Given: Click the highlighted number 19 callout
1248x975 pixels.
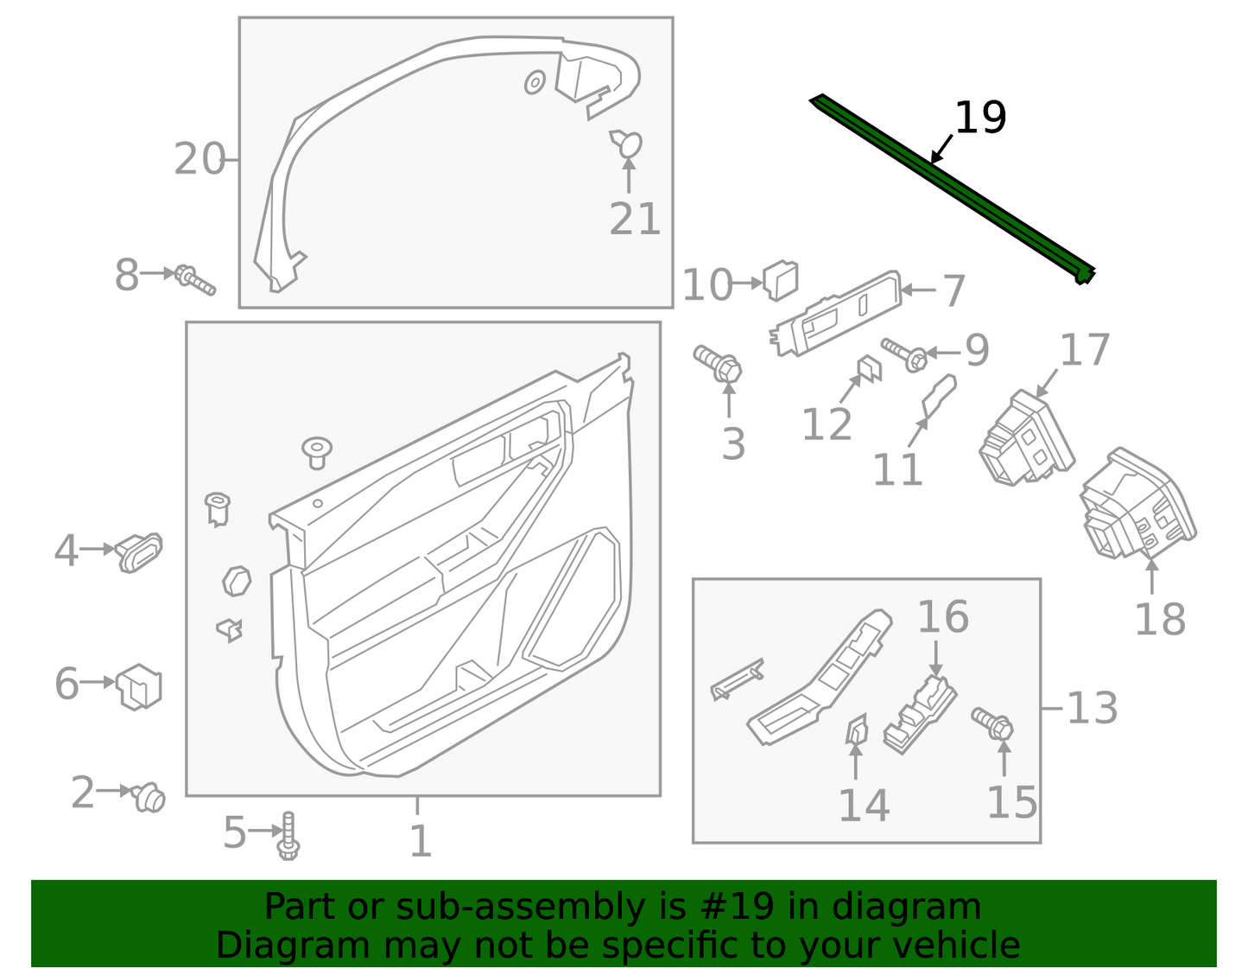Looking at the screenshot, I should (980, 118).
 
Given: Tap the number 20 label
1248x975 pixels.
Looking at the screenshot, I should (200, 159).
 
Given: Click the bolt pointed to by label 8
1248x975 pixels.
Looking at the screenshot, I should (195, 279).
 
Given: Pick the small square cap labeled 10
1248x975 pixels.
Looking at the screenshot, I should (781, 279).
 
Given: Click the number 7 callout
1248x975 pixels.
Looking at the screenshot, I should (953, 290).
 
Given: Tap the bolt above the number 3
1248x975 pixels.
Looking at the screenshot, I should (719, 364).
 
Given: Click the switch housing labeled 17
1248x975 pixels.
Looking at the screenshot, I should (1026, 437).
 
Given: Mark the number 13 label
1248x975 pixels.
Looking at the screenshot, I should (1093, 709).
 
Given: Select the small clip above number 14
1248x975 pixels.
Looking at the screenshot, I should (856, 730).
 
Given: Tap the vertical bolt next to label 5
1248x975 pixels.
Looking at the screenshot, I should (288, 836).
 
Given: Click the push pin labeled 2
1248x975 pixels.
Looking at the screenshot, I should (149, 797).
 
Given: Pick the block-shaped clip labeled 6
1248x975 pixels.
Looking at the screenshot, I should (139, 686).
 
